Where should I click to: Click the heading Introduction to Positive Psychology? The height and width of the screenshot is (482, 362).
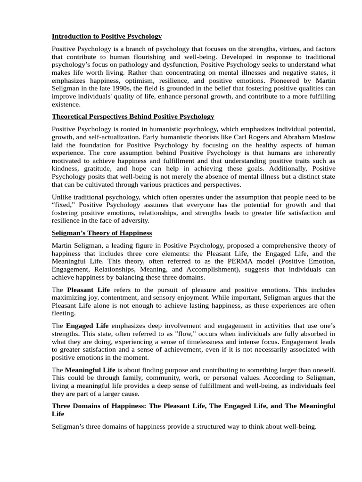coord(107,36)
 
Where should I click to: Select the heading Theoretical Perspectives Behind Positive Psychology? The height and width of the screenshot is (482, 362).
coord(133,116)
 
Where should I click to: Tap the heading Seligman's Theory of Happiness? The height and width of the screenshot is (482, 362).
coord(102,233)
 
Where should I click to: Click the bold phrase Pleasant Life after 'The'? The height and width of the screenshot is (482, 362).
coord(88,290)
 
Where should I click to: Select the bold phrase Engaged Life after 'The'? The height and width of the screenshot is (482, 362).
coord(87,326)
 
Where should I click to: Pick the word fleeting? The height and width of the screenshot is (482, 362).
coord(63,313)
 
